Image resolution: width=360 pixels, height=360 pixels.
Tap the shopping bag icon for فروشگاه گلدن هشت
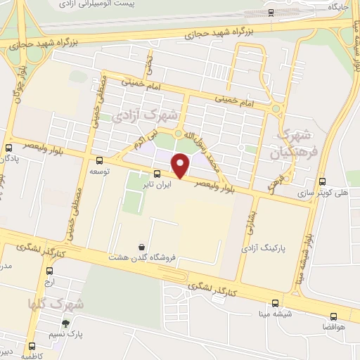click(143, 247)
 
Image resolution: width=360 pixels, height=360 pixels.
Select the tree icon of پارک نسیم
click(65, 324)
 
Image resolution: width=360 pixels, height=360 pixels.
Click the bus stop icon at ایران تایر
click(156, 174)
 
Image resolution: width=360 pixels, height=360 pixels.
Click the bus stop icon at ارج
click(49, 271)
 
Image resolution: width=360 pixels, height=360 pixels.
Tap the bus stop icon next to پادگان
click(8, 148)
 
